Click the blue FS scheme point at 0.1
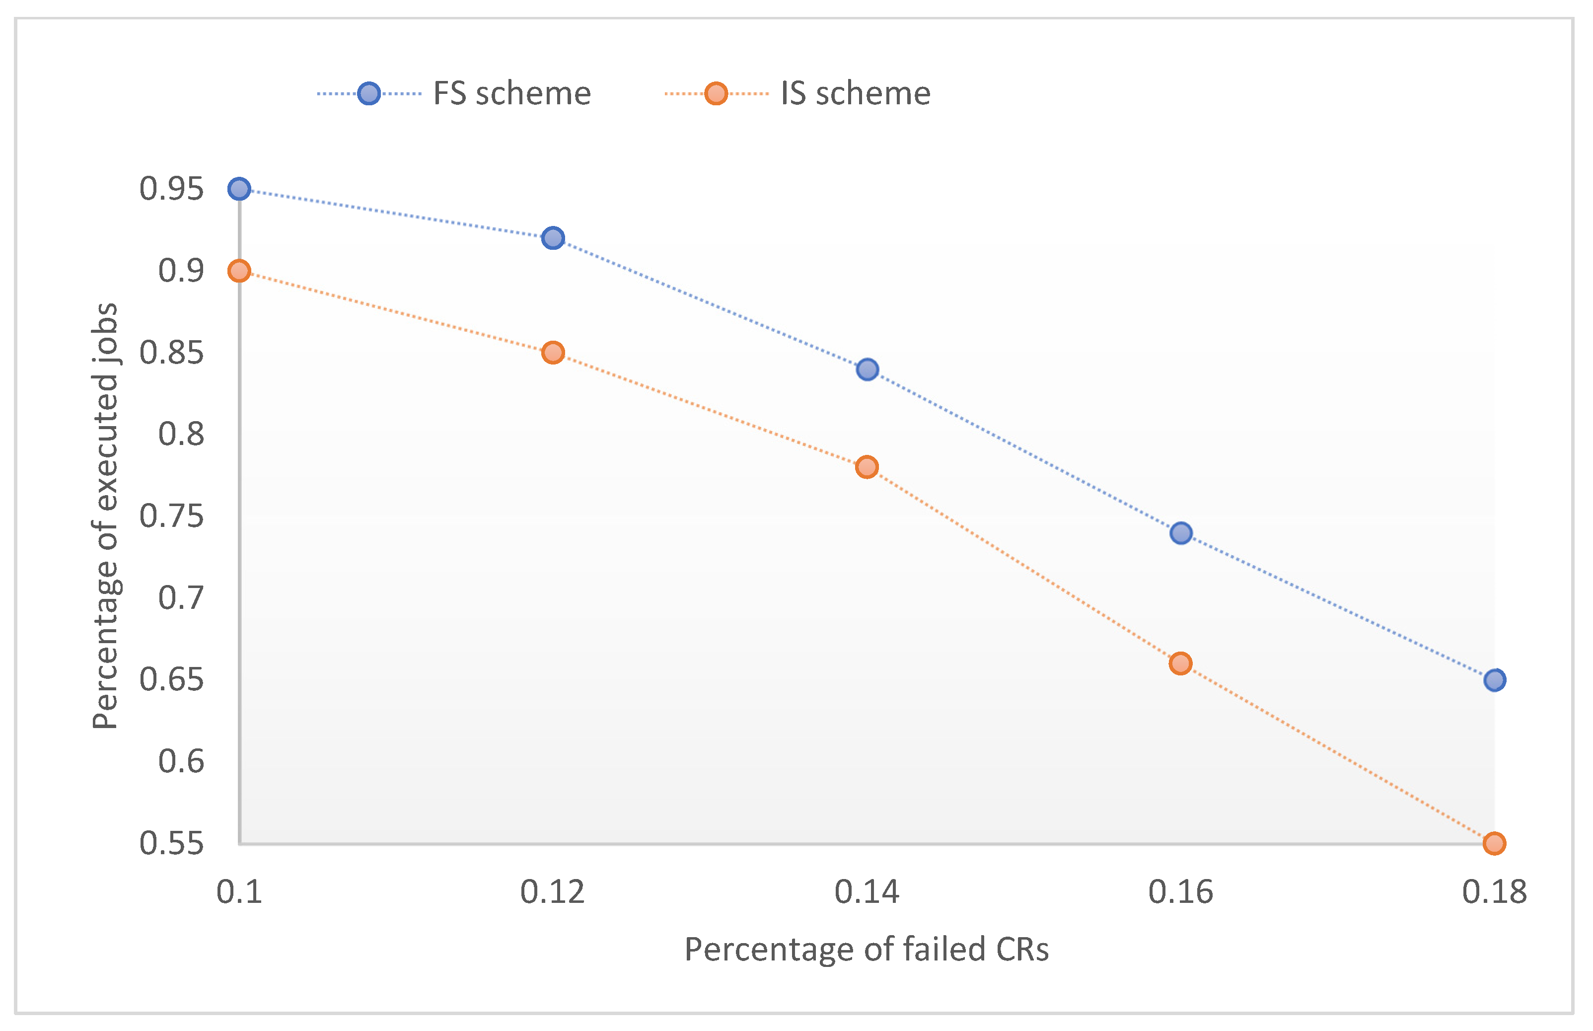(239, 189)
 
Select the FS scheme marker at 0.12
(553, 238)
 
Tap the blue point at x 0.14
(868, 369)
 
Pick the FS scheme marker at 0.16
(1181, 533)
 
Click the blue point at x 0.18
(1495, 680)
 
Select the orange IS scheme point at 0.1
(239, 271)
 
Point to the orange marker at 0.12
(553, 352)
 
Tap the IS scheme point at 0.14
(867, 467)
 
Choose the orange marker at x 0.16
(1181, 663)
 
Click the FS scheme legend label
(512, 94)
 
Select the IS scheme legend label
(856, 94)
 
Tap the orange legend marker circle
(716, 94)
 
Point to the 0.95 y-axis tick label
(171, 189)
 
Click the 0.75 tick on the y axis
(171, 516)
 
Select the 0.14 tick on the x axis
(867, 892)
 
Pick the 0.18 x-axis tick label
(1495, 892)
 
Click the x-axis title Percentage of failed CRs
(867, 950)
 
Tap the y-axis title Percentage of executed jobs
(105, 515)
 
